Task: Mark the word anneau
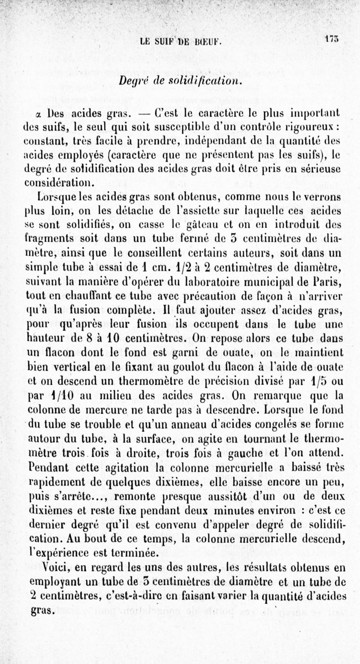coord(174,422)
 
